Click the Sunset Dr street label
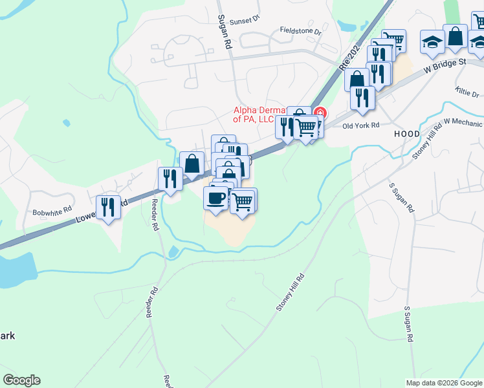click(247, 19)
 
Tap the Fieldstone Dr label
click(300, 30)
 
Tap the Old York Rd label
click(360, 125)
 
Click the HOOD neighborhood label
click(406, 134)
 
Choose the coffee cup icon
click(215, 197)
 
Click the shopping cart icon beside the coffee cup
click(243, 200)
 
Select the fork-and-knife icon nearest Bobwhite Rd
click(108, 207)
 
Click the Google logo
click(21, 380)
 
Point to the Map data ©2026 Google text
click(443, 383)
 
